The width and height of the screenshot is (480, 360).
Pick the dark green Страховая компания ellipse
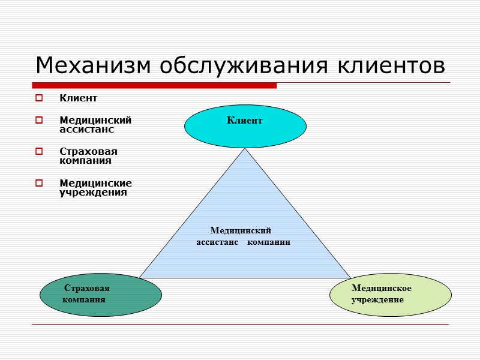[101, 294]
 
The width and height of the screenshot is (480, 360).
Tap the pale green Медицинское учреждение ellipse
[391, 295]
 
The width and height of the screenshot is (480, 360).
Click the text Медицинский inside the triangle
[241, 230]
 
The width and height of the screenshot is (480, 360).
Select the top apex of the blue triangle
[245, 150]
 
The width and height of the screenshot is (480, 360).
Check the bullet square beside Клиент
[39, 98]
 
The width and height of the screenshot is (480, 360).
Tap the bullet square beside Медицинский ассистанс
[39, 121]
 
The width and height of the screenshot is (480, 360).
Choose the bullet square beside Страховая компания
[39, 152]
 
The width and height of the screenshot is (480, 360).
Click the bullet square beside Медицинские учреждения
[39, 183]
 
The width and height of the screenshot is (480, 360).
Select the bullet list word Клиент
[78, 98]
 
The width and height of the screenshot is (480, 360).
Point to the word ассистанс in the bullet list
[86, 129]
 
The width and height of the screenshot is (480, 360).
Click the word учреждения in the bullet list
[93, 193]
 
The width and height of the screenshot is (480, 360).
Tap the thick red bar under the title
[155, 85]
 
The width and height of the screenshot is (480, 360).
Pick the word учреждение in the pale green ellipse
[377, 299]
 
